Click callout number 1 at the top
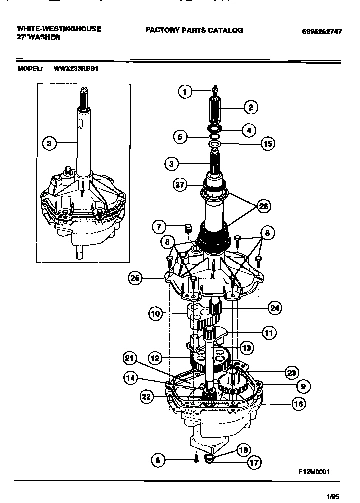[x=183, y=92]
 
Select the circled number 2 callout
[x=250, y=106]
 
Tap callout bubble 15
[x=267, y=144]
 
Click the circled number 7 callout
[x=160, y=228]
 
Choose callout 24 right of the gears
[x=275, y=307]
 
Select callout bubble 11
[x=268, y=332]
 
